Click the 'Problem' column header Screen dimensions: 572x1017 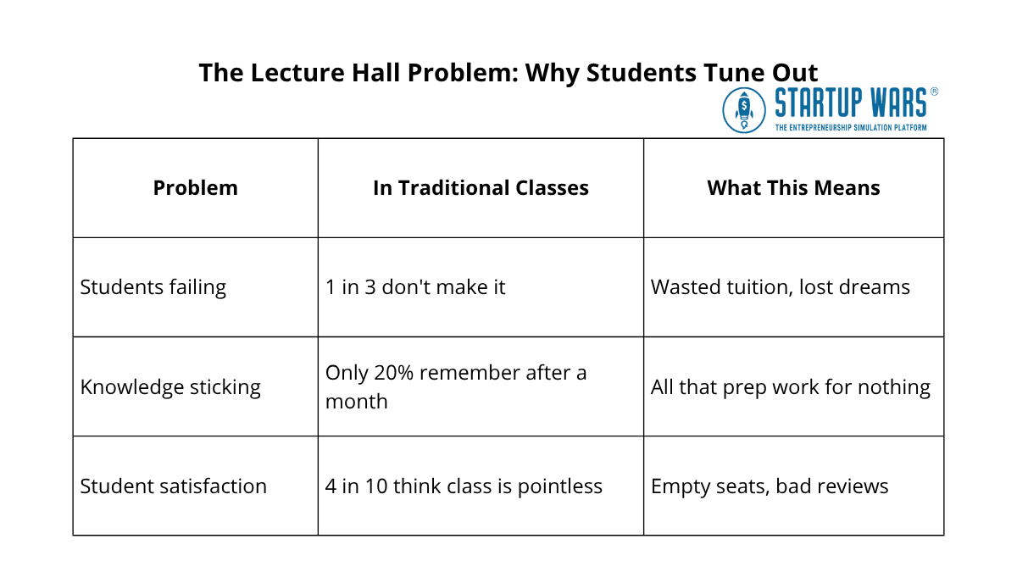pos(195,188)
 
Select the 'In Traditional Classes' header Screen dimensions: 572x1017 pos(481,188)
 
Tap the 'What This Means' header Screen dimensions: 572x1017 pos(793,188)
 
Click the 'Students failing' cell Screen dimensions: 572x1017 pos(153,287)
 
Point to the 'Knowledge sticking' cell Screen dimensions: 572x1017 pos(170,387)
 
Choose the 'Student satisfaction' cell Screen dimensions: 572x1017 pos(174,486)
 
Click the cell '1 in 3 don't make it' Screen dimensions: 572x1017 pos(415,287)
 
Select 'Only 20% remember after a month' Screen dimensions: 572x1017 pos(456,386)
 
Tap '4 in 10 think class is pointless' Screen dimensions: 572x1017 pos(464,486)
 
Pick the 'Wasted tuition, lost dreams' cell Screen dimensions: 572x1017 pos(780,287)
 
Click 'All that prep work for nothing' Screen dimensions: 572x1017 pos(790,387)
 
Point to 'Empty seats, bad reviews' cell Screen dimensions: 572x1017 pos(770,486)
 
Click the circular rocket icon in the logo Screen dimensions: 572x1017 pos(744,110)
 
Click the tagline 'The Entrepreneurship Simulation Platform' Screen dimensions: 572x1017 pos(850,127)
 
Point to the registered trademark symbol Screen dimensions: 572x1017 pos(934,91)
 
